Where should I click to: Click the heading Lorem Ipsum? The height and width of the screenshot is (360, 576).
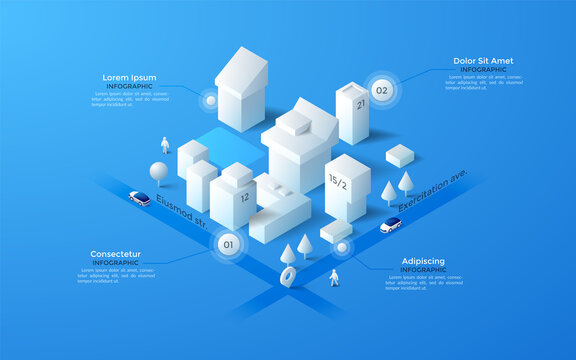(130, 77)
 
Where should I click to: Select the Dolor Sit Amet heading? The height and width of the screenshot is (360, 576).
(482, 60)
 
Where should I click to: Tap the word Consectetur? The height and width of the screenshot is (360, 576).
(115, 254)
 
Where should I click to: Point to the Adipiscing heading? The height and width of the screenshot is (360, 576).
(423, 261)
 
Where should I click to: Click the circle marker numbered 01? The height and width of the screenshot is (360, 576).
(227, 244)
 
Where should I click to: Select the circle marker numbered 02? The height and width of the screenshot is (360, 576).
(381, 90)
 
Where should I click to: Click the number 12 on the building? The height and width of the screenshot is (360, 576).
(244, 197)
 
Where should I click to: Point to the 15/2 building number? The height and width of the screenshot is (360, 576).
(338, 182)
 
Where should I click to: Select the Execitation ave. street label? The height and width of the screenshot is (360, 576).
(433, 190)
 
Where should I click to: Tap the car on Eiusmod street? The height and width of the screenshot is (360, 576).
(140, 198)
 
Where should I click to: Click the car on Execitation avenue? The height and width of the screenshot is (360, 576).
(390, 226)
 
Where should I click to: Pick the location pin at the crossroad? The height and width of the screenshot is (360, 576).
(288, 276)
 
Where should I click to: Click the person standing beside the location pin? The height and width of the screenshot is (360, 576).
(335, 277)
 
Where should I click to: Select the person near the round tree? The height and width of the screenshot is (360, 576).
(166, 146)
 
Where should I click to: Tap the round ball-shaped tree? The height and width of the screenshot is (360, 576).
(158, 170)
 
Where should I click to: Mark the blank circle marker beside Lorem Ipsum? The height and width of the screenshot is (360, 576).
(209, 100)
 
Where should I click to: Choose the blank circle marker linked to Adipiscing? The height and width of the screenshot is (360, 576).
(342, 247)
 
